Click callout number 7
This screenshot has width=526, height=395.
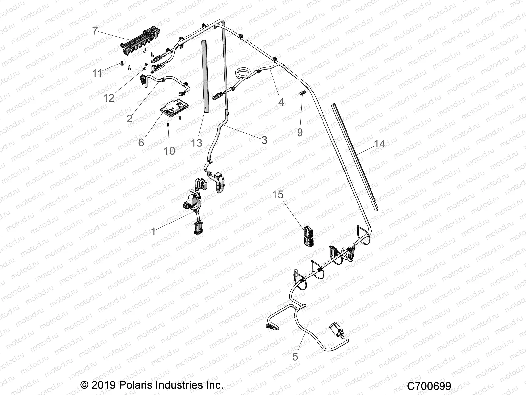pos(95,31)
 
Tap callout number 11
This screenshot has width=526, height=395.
pos(97,73)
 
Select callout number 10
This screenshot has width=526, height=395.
pos(170,151)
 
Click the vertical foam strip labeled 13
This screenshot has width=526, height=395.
pos(205,76)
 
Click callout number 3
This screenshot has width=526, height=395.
pos(264,140)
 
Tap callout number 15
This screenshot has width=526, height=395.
pos(278,194)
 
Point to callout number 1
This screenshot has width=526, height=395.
pos(153,232)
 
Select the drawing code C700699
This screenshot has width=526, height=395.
pos(429,386)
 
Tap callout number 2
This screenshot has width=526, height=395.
pos(130,118)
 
